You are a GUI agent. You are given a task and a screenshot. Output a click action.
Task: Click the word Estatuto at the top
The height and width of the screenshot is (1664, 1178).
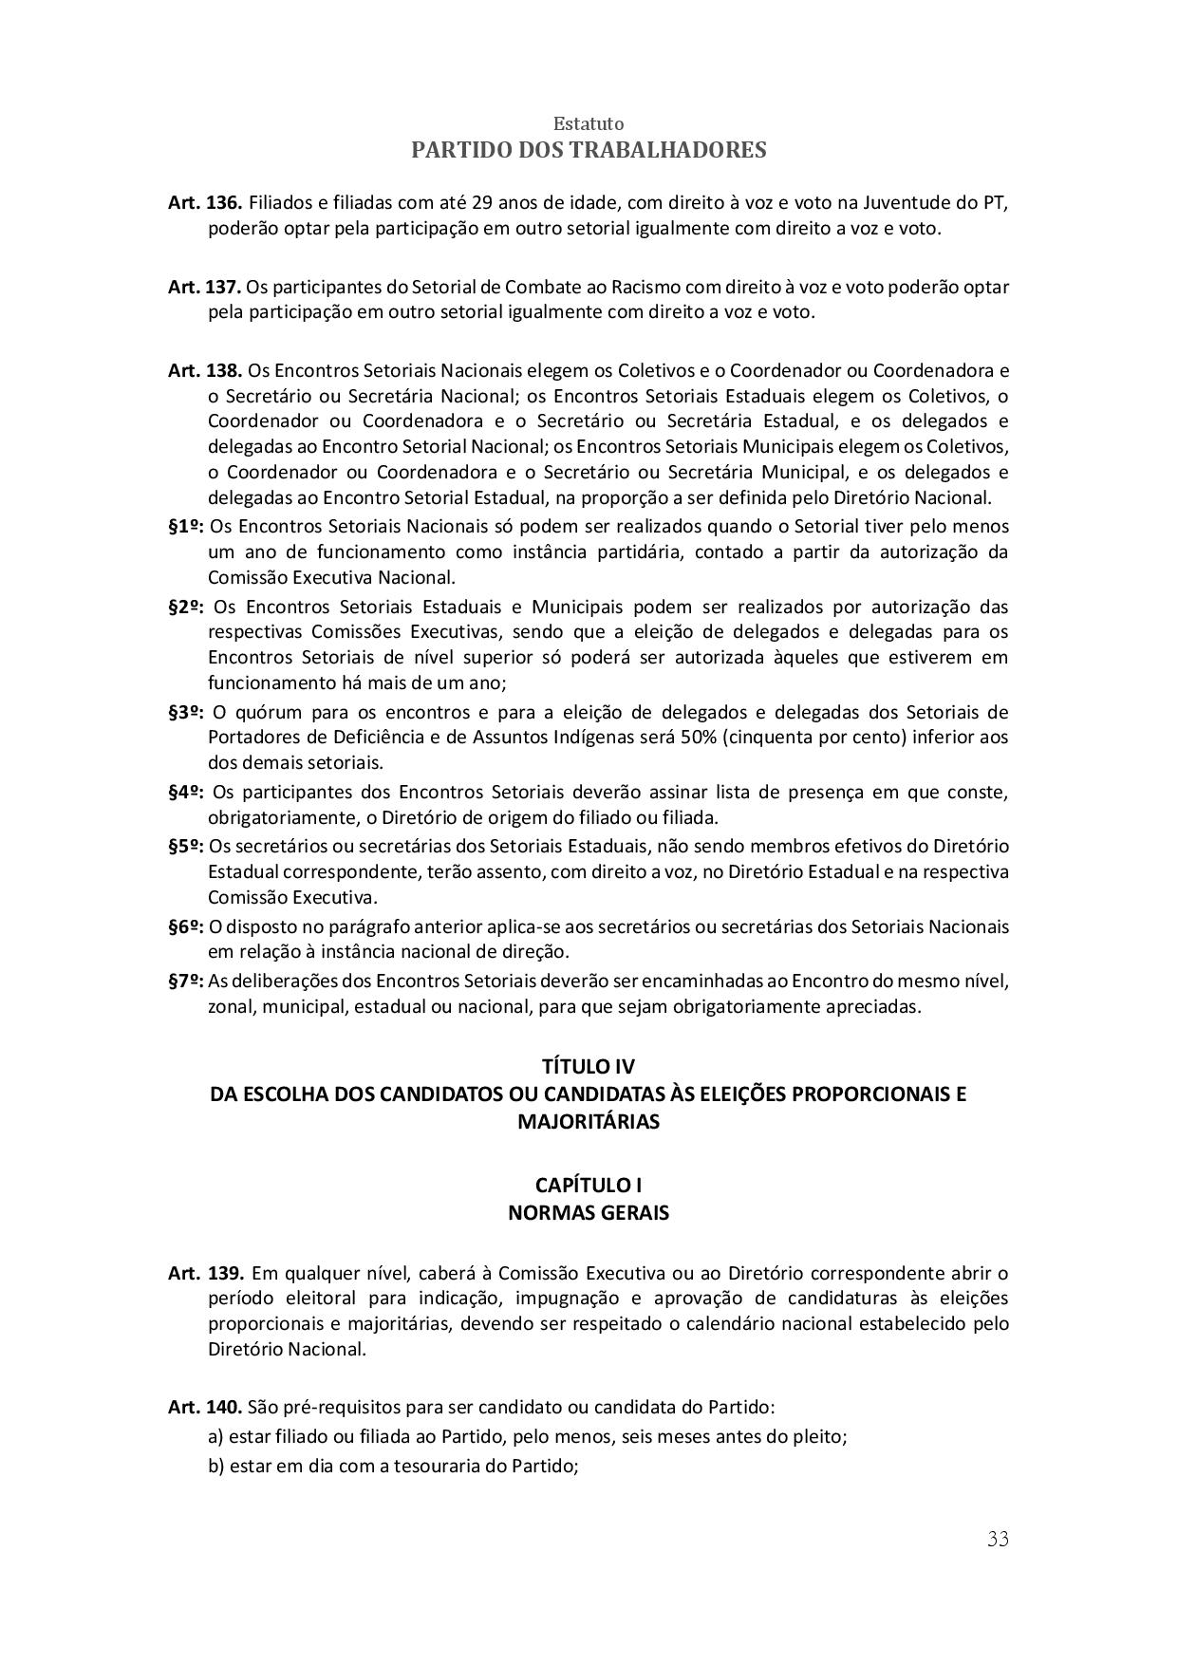coord(589,123)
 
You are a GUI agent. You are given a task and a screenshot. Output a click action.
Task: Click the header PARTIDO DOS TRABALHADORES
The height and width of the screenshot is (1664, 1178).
coord(589,150)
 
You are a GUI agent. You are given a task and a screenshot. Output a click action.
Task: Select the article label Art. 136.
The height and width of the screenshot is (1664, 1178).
coord(205,203)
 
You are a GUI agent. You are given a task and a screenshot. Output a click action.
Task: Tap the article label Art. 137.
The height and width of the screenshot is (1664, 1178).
coord(204,287)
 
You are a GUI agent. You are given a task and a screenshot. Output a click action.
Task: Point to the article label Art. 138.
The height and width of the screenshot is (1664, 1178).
coord(205,369)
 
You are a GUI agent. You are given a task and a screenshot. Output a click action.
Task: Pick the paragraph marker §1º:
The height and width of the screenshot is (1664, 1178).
coord(186,526)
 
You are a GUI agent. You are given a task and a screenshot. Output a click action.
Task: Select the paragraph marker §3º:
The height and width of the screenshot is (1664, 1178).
coord(187,712)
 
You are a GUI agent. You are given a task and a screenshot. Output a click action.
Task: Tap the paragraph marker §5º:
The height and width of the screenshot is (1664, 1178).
coord(186,846)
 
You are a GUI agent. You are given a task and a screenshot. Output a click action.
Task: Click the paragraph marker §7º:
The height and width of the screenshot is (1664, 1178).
coord(186,981)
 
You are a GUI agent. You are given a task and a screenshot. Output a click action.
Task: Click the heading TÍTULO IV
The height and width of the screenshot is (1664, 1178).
coord(589,1066)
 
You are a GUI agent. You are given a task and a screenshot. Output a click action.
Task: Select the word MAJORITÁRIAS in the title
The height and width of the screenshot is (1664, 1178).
coord(589,1121)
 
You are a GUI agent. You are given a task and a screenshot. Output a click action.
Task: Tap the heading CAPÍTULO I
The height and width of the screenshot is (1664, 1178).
coord(589,1186)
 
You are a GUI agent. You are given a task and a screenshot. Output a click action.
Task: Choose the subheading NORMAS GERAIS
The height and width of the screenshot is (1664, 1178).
coord(589,1213)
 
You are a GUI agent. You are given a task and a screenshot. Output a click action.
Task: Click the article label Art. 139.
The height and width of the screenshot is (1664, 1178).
coord(206,1273)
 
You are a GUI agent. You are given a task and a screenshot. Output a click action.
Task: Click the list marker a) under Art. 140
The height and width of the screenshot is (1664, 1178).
coord(216,1437)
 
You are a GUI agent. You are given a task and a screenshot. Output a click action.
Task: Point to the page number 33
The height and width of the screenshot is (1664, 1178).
coord(998,1540)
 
